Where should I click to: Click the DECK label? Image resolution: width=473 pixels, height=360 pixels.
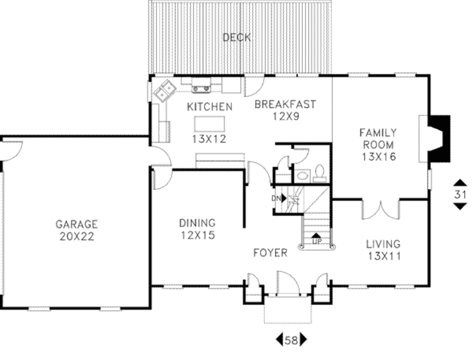(x=236, y=37)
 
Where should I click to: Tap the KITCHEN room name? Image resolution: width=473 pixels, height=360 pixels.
(x=209, y=107)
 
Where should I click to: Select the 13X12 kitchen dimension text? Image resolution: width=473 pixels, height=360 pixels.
(x=209, y=138)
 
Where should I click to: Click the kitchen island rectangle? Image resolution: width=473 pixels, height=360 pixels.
(x=210, y=124)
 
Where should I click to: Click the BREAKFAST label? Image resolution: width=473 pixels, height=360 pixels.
(x=285, y=104)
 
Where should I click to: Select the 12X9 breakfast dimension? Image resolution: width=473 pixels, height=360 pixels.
(x=285, y=116)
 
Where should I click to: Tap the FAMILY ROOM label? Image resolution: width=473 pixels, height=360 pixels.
(x=378, y=138)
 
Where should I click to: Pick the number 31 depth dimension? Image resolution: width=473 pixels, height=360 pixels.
(x=459, y=194)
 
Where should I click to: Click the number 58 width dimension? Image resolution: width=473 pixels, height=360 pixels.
(x=291, y=341)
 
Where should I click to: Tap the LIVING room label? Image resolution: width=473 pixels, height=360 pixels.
(x=383, y=244)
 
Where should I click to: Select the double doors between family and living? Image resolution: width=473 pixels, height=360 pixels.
(x=380, y=209)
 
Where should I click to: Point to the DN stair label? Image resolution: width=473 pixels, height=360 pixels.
(x=277, y=198)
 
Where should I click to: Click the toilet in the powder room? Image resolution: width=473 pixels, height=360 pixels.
(x=319, y=174)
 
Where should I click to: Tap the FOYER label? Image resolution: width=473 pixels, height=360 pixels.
(x=270, y=253)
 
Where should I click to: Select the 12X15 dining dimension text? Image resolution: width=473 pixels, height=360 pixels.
(x=197, y=235)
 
